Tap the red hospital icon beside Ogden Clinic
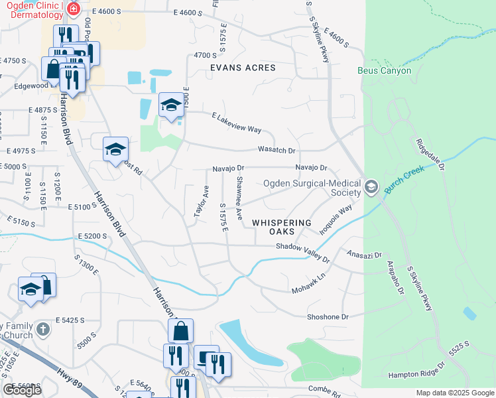point(72,9)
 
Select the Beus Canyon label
point(385,70)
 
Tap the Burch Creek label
point(407,179)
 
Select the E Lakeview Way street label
point(236,124)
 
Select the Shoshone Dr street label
point(328,317)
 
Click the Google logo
point(22,390)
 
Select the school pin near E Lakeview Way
point(171,106)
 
